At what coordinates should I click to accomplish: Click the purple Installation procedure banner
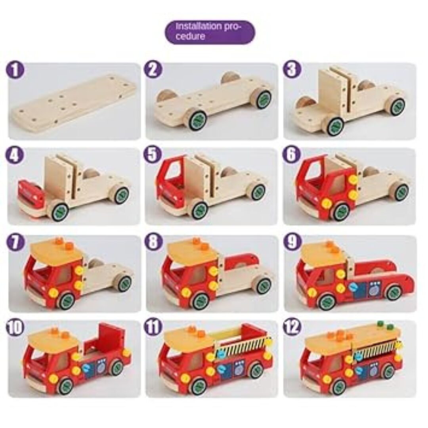coord(210,32)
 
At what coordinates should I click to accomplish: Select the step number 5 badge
coord(153,155)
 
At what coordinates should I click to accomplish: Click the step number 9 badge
coord(292,242)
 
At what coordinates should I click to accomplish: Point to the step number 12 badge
coord(292,327)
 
